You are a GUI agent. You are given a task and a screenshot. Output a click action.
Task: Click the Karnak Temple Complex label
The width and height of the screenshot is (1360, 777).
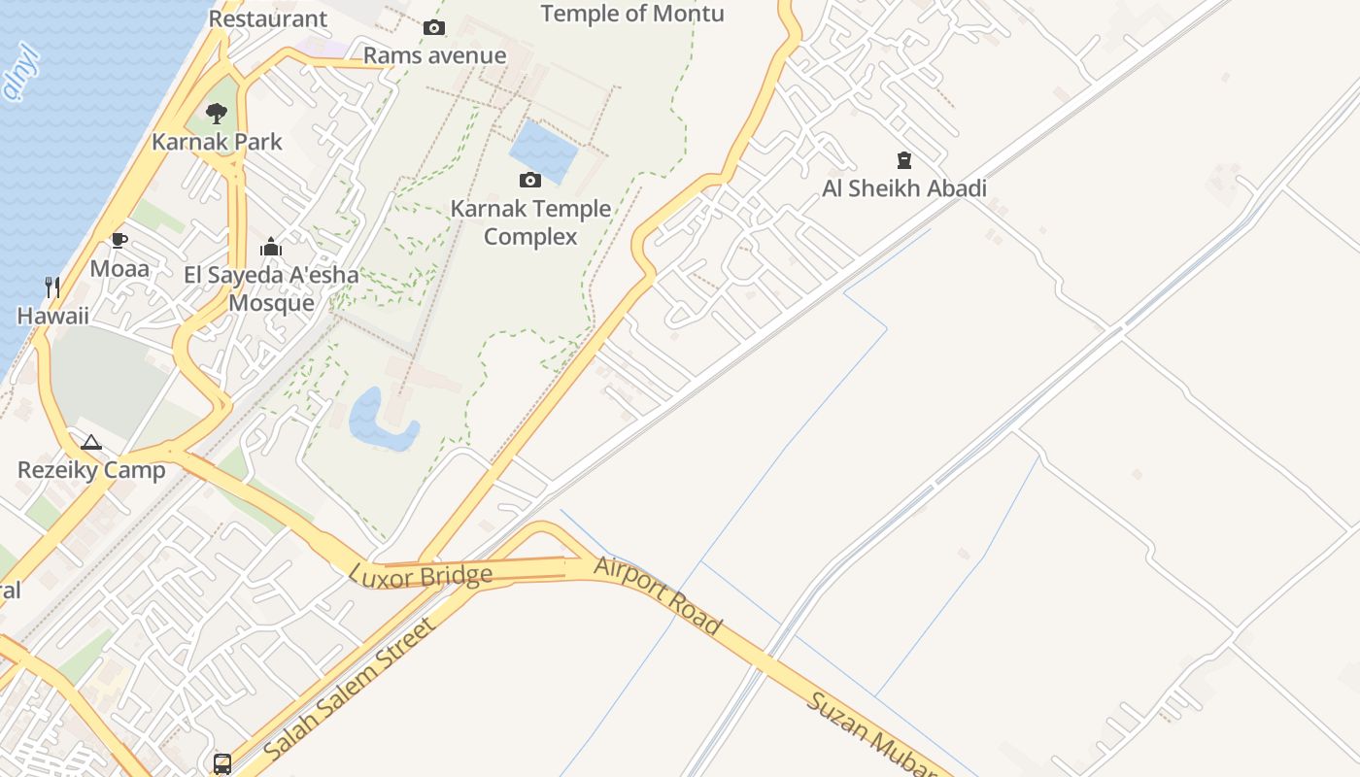pyautogui.click(x=530, y=222)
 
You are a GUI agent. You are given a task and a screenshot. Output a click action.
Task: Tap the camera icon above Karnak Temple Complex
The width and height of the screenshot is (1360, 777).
pyautogui.click(x=530, y=180)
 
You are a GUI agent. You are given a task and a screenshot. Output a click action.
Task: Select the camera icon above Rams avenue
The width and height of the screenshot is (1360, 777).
pyautogui.click(x=434, y=27)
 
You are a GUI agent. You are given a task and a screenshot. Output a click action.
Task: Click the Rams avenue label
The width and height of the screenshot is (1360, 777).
pyautogui.click(x=434, y=55)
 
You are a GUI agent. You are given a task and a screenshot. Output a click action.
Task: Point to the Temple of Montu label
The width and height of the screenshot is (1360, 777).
pyautogui.click(x=632, y=14)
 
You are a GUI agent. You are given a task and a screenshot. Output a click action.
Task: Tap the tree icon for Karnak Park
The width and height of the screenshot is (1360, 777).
pyautogui.click(x=217, y=114)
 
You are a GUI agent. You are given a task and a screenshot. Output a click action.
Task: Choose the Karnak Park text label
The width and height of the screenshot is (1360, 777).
pyautogui.click(x=217, y=142)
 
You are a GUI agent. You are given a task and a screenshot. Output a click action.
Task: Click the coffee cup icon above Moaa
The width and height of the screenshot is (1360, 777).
pyautogui.click(x=119, y=240)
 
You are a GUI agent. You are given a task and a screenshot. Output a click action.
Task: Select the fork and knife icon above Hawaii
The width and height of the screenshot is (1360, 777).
pyautogui.click(x=52, y=287)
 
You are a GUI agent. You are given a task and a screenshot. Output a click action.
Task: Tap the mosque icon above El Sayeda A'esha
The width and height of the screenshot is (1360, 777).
pyautogui.click(x=271, y=247)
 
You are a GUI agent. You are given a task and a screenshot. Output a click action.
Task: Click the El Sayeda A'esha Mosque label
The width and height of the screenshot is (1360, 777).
pyautogui.click(x=271, y=288)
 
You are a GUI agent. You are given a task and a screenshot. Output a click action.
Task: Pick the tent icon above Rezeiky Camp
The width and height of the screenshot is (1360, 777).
pyautogui.click(x=91, y=443)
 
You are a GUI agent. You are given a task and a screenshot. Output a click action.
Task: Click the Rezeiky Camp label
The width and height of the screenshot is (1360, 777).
pyautogui.click(x=91, y=470)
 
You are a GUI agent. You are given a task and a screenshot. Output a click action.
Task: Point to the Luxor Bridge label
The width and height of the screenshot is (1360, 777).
pyautogui.click(x=421, y=575)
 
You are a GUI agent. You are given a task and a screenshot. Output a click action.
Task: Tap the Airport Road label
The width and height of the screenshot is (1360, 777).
pyautogui.click(x=658, y=594)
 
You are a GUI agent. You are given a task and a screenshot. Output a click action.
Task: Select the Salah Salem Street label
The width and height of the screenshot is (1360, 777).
pyautogui.click(x=349, y=689)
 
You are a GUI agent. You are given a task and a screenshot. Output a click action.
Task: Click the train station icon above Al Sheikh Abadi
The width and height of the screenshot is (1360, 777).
pyautogui.click(x=904, y=160)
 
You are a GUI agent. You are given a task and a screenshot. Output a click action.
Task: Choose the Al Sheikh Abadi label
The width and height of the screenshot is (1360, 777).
pyautogui.click(x=904, y=188)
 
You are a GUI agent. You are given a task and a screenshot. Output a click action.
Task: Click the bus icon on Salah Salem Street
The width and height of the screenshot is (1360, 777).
pyautogui.click(x=222, y=763)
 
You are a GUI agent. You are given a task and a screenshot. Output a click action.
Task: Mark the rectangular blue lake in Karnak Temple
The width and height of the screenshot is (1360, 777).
pyautogui.click(x=544, y=152)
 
